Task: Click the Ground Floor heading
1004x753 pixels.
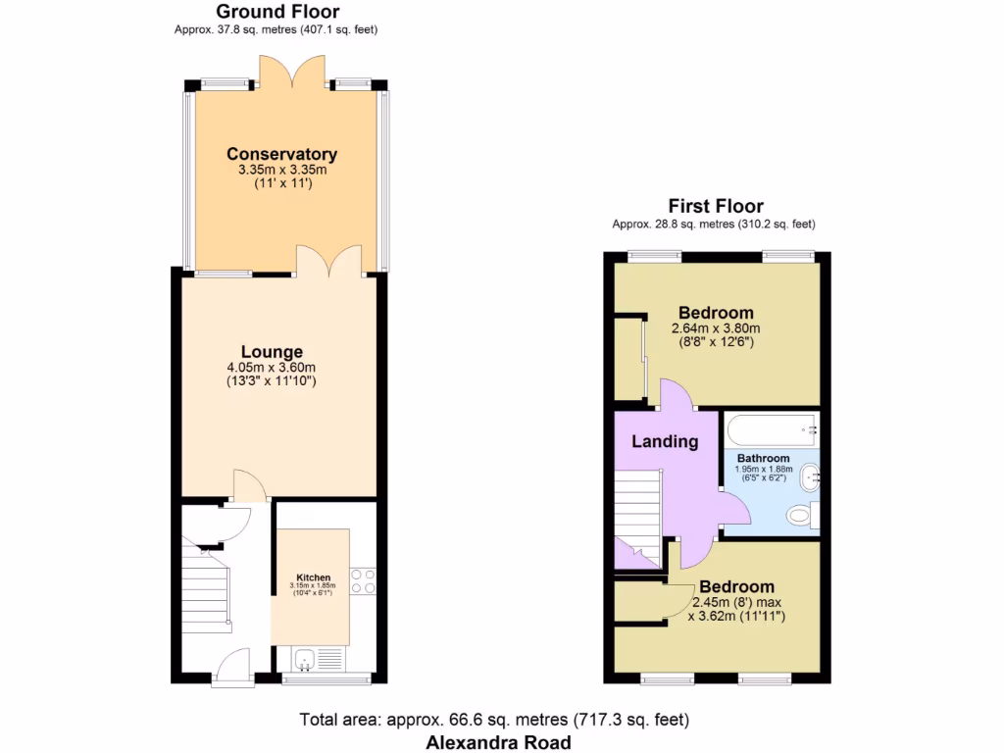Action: pos(277,12)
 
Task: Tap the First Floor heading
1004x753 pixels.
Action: pos(715,206)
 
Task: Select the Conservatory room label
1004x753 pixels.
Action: pos(281,154)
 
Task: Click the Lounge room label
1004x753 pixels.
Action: pos(272,352)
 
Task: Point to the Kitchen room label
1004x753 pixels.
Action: pos(313,577)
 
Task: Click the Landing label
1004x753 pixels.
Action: pos(664,441)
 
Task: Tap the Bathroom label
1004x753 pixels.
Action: pos(763,458)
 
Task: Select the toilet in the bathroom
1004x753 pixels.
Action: pos(803,516)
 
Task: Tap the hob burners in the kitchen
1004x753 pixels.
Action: pos(363,581)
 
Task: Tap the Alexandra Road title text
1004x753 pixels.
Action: pos(497,742)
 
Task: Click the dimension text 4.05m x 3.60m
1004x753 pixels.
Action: pos(272,368)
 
